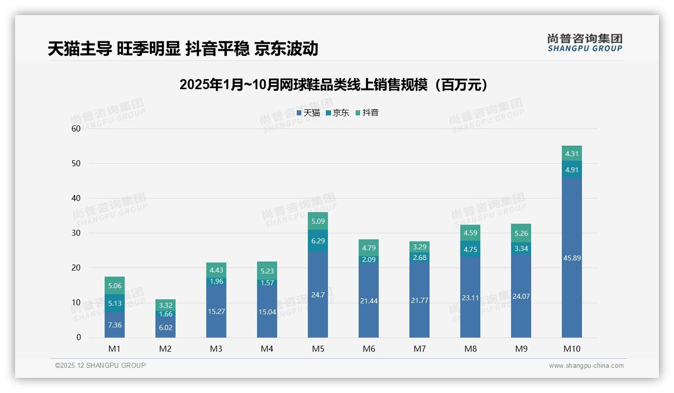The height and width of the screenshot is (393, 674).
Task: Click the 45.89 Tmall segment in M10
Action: pyautogui.click(x=571, y=258)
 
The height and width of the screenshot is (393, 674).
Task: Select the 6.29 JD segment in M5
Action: pyautogui.click(x=317, y=241)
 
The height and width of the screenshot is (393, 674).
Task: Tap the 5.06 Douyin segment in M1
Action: pyautogui.click(x=115, y=286)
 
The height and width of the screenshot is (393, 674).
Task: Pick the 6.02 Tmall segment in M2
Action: pyautogui.click(x=165, y=327)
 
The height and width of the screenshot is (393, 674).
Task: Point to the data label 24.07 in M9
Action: pyautogui.click(x=521, y=296)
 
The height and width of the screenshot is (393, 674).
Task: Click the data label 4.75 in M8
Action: pyautogui.click(x=470, y=249)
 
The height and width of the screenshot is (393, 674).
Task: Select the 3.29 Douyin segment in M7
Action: pyautogui.click(x=419, y=247)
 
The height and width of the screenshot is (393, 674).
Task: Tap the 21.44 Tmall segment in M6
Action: pyautogui.click(x=368, y=301)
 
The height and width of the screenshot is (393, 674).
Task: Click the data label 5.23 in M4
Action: pyautogui.click(x=267, y=270)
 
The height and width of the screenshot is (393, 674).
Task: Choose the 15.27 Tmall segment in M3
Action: pyautogui.click(x=216, y=311)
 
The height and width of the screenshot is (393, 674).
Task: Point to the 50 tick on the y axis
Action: pyautogui.click(x=76, y=163)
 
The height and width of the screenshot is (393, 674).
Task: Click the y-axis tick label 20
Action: pyautogui.click(x=76, y=268)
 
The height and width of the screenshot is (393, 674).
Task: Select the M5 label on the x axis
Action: pyautogui.click(x=317, y=349)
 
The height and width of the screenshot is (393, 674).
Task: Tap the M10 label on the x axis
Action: pyautogui.click(x=571, y=349)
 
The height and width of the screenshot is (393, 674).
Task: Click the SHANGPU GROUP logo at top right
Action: pyautogui.click(x=584, y=42)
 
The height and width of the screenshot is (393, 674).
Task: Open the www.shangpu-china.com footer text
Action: pyautogui.click(x=586, y=366)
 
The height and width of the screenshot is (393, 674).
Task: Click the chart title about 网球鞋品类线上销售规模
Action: pyautogui.click(x=334, y=85)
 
